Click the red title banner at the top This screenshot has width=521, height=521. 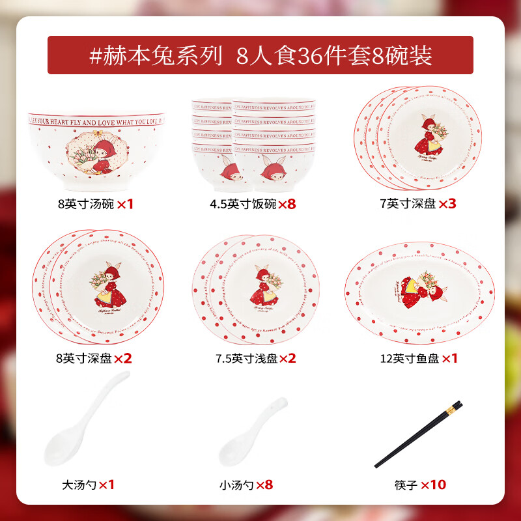260,55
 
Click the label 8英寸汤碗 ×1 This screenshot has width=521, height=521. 95,204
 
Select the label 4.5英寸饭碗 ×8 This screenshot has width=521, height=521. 253,204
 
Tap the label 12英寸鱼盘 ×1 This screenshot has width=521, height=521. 419,358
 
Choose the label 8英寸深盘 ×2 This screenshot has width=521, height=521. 95,358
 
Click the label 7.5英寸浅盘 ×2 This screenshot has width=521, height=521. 255,358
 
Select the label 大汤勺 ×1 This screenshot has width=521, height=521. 89,485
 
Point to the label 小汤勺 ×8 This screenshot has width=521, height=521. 246,485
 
